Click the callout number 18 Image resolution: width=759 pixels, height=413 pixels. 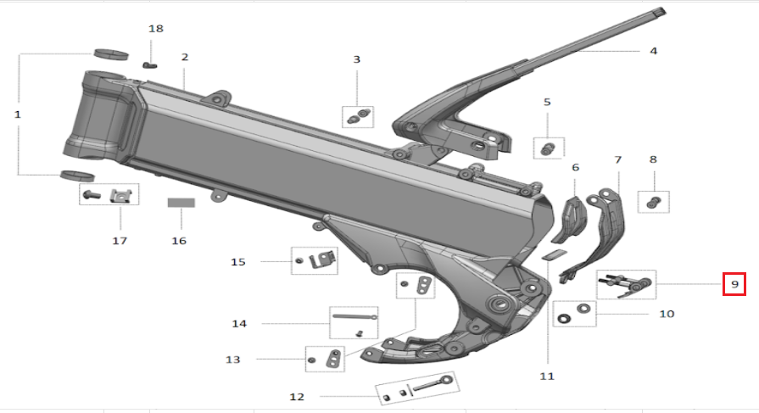155,29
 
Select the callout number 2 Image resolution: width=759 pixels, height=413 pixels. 184,57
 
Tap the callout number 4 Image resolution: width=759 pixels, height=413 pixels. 653,51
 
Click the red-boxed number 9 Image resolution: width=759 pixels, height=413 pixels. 734,283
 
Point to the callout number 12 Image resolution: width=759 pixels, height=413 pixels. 297,396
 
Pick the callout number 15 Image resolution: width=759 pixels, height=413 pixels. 238,262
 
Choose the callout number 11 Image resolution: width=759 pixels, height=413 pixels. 546,375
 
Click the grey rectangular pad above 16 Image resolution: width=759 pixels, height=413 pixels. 180,204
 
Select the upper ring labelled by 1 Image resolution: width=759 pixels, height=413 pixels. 110,55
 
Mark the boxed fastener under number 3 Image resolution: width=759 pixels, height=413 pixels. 357,115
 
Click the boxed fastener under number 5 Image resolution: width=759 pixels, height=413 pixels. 547,148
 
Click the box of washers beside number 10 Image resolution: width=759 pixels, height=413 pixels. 574,313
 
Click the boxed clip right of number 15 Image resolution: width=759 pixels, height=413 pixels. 315,261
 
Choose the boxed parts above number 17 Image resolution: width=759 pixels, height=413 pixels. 110,195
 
